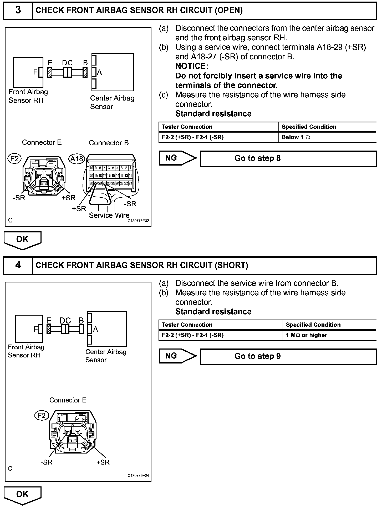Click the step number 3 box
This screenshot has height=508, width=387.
coord(18,11)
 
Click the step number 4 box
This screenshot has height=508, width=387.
coord(18,265)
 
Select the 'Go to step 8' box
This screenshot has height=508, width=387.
coord(288,158)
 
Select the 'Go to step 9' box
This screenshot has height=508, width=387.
coord(288,356)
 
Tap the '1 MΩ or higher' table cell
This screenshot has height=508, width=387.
coord(329,335)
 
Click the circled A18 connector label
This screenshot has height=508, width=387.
coord(77,159)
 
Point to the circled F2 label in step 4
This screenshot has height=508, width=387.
coord(42,415)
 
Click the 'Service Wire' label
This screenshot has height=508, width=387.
coord(109,215)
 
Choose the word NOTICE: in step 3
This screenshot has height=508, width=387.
coord(192,66)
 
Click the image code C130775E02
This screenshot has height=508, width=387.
coord(138,221)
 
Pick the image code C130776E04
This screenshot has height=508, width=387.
coord(138,476)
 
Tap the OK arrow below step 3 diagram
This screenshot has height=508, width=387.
coord(22,240)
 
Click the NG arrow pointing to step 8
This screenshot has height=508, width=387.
coord(177,158)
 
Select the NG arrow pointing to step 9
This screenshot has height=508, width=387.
coord(177,356)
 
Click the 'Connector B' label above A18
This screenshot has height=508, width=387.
coord(109,143)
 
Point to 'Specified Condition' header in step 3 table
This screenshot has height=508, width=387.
coord(309,127)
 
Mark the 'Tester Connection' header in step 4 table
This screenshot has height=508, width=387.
coord(187,325)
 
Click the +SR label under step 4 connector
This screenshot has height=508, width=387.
coord(103,462)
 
